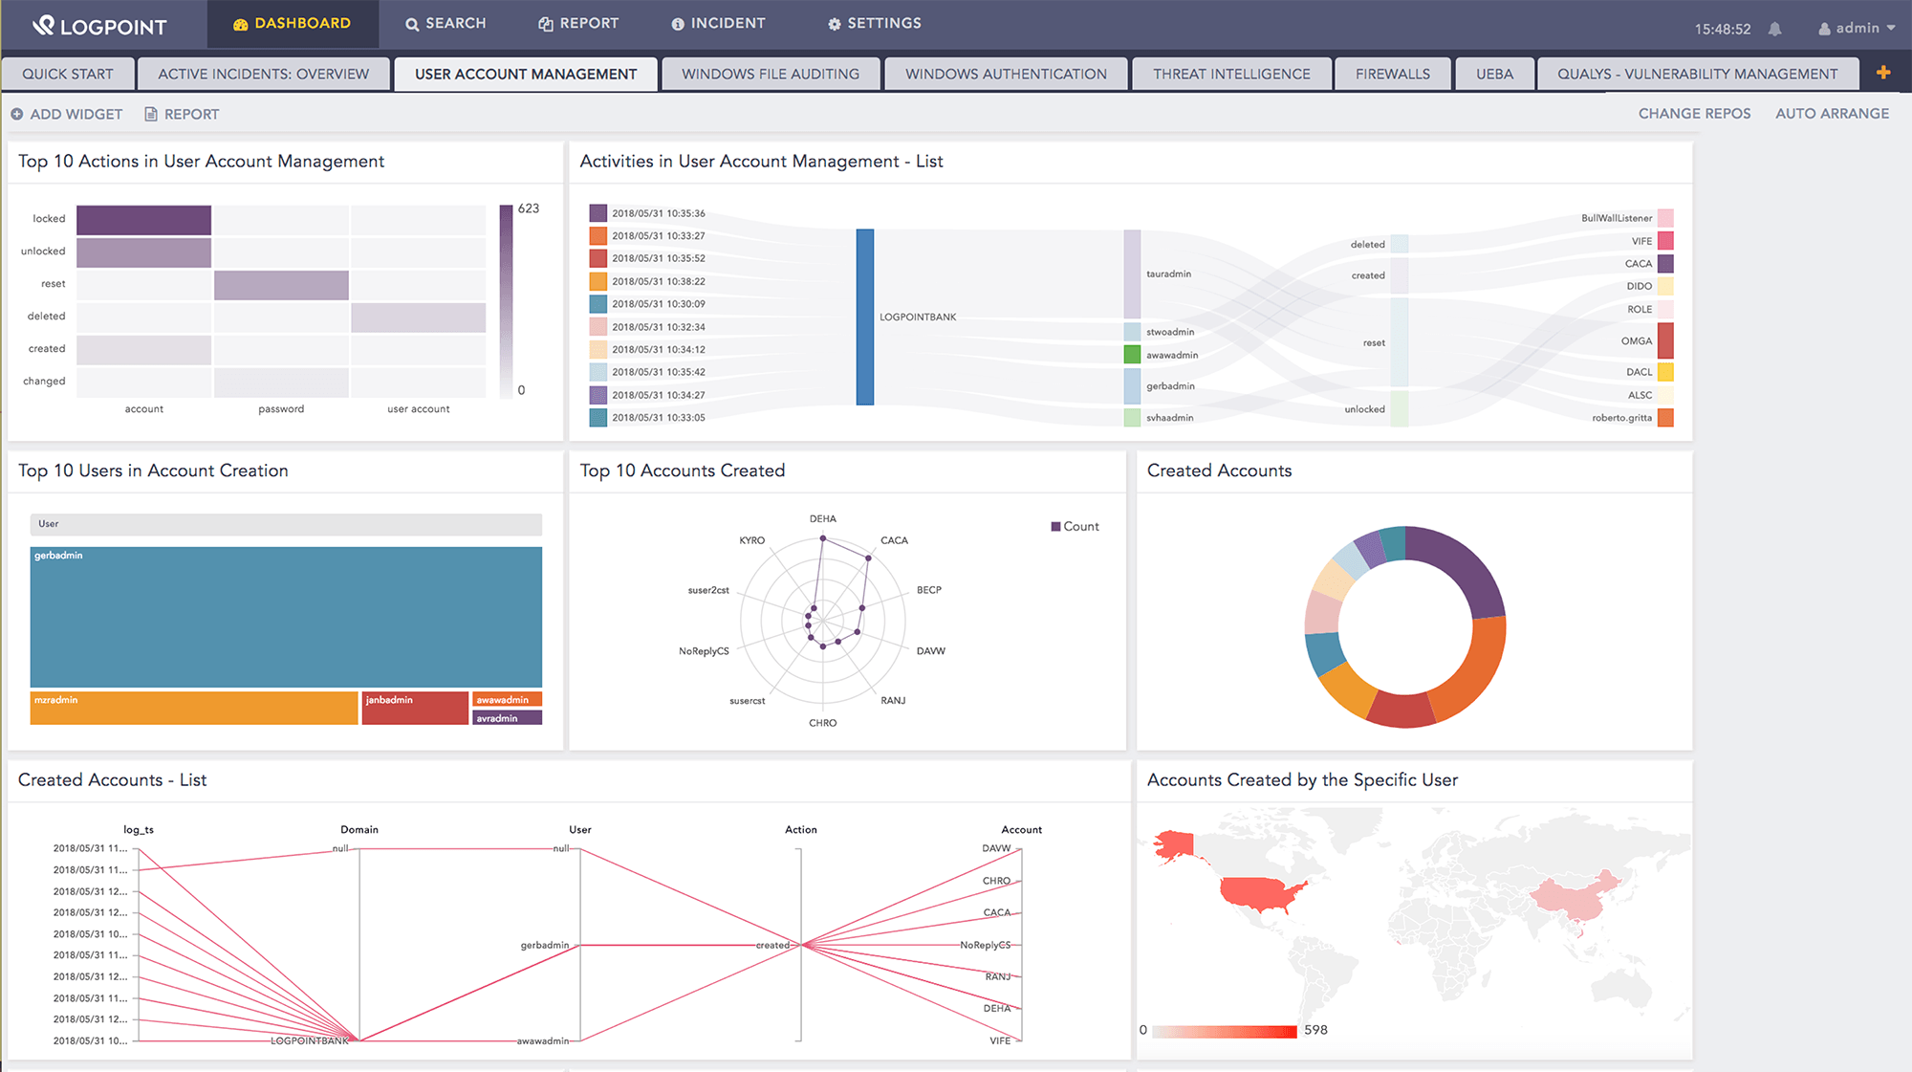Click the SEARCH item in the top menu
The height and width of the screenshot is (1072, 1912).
pos(445,23)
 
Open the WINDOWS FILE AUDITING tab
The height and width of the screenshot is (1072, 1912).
pos(770,74)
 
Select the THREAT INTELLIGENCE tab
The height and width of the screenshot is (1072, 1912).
pos(1230,74)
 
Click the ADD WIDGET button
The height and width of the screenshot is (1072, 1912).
pos(67,114)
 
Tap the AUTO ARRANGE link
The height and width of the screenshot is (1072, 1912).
pos(1832,113)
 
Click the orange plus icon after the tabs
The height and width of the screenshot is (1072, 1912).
pos(1883,73)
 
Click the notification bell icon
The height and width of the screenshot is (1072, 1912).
pos(1774,29)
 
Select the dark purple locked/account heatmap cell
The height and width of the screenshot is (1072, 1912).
pos(143,220)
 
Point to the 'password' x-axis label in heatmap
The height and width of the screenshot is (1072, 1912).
pos(281,408)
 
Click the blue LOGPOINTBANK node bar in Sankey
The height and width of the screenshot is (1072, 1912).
pos(864,317)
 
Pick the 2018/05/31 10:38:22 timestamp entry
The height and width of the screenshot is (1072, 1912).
pos(658,281)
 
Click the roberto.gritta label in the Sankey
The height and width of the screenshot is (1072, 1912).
pos(1621,418)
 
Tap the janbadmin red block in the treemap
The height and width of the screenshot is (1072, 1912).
pos(415,708)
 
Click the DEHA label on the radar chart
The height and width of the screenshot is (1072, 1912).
pos(822,518)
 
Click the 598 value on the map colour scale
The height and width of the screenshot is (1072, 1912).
pos(1315,1030)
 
